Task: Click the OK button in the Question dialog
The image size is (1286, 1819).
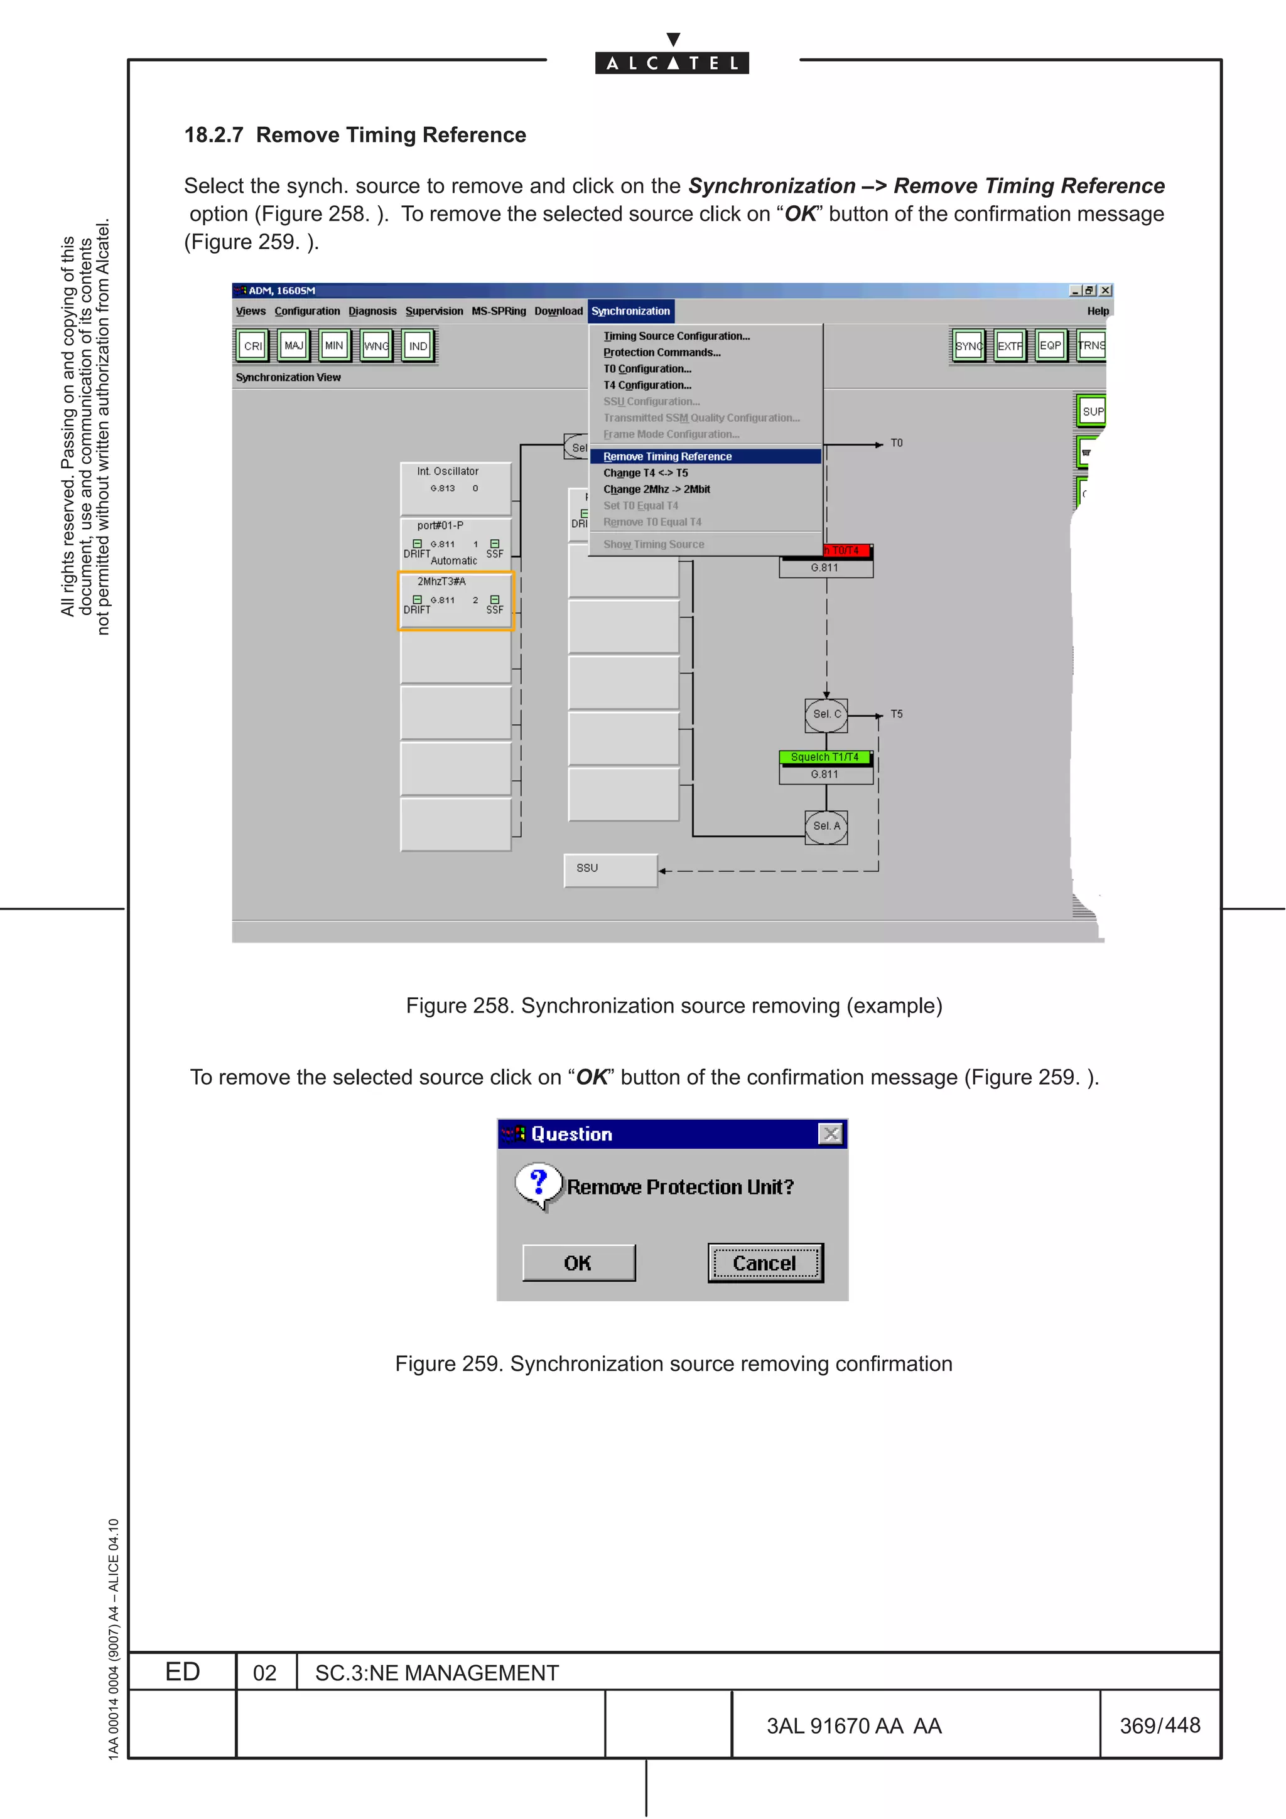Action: pyautogui.click(x=578, y=1263)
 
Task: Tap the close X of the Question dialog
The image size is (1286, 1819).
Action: pyautogui.click(x=830, y=1134)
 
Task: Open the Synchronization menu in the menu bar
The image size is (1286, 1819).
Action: pyautogui.click(x=630, y=311)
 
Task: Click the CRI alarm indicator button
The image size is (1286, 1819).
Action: pyautogui.click(x=253, y=345)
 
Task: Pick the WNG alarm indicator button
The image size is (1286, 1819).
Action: pyautogui.click(x=376, y=345)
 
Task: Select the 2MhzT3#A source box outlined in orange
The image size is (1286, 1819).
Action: pyautogui.click(x=456, y=601)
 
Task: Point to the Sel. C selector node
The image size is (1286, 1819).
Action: pyautogui.click(x=826, y=714)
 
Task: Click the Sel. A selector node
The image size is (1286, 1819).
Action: pyautogui.click(x=826, y=826)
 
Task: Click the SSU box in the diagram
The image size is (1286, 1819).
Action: pyautogui.click(x=610, y=870)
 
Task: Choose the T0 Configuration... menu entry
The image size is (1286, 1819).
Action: pyautogui.click(x=647, y=369)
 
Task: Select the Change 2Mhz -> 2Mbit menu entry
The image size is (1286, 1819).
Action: pyautogui.click(x=656, y=490)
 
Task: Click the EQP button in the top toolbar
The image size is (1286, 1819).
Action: pyautogui.click(x=1050, y=345)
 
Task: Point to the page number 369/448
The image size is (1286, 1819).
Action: pyautogui.click(x=1159, y=1725)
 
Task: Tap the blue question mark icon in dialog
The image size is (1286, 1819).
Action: pyautogui.click(x=539, y=1182)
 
